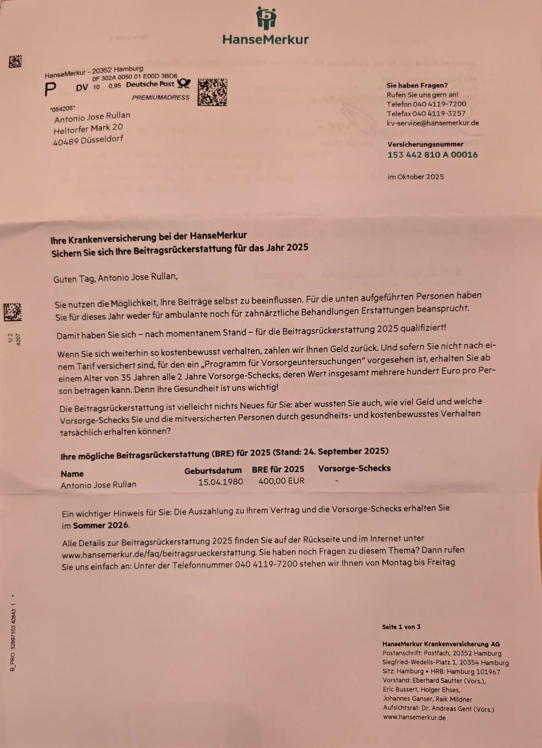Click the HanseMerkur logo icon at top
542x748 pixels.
(x=266, y=18)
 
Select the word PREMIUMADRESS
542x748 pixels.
(x=160, y=98)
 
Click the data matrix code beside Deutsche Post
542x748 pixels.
(x=212, y=92)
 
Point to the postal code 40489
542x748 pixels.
(x=66, y=142)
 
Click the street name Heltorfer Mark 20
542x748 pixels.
(x=88, y=129)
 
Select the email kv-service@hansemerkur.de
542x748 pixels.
(x=432, y=123)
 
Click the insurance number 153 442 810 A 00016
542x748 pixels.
(x=432, y=155)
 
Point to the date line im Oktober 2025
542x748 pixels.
(x=415, y=177)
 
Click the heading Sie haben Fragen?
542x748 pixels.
(x=416, y=85)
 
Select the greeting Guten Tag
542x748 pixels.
(x=74, y=279)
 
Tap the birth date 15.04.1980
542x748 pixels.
(x=220, y=482)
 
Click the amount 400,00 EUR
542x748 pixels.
(x=281, y=481)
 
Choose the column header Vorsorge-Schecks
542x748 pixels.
(x=354, y=468)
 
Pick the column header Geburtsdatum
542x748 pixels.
(x=213, y=471)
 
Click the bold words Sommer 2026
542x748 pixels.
(x=100, y=525)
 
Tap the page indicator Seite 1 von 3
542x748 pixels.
(x=401, y=627)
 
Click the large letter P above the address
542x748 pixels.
(x=50, y=89)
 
